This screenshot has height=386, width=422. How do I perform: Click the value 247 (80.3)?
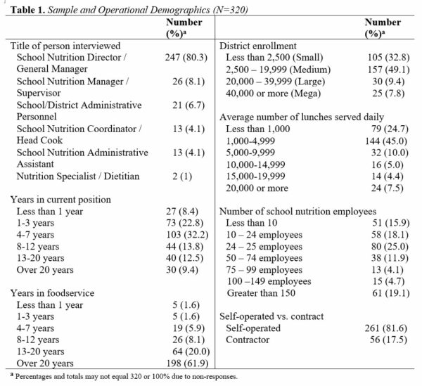pos(186,57)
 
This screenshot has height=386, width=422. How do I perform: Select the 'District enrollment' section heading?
pos(258,46)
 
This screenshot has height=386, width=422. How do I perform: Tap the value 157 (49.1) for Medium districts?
pos(389,70)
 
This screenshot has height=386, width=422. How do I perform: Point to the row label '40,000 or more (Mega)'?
pos(273,94)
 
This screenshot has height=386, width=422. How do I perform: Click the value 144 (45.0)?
pos(386,141)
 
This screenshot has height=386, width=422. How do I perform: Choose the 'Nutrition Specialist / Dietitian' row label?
pos(78,176)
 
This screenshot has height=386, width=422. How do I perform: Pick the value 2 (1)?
pos(182,176)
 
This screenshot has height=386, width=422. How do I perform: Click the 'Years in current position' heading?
pos(60,200)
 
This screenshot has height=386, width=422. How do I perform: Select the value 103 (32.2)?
pos(187,235)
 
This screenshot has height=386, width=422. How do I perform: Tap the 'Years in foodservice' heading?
pos(52,293)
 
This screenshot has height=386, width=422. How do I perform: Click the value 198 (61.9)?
pos(187,364)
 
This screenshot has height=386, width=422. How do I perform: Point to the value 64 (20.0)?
pos(191,352)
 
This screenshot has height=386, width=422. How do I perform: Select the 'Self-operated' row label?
pos(253,328)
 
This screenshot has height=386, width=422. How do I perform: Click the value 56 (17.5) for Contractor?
pos(388,340)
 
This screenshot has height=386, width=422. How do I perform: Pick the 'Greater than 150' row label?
pos(261,293)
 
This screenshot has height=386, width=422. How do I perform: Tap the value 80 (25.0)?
pos(390,246)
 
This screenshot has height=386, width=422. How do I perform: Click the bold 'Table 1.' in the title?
pos(27,10)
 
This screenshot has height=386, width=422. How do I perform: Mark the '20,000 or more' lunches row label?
pos(257,188)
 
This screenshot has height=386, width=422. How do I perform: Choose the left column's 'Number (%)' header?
pos(184,28)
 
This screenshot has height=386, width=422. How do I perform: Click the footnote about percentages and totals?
pos(124,376)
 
